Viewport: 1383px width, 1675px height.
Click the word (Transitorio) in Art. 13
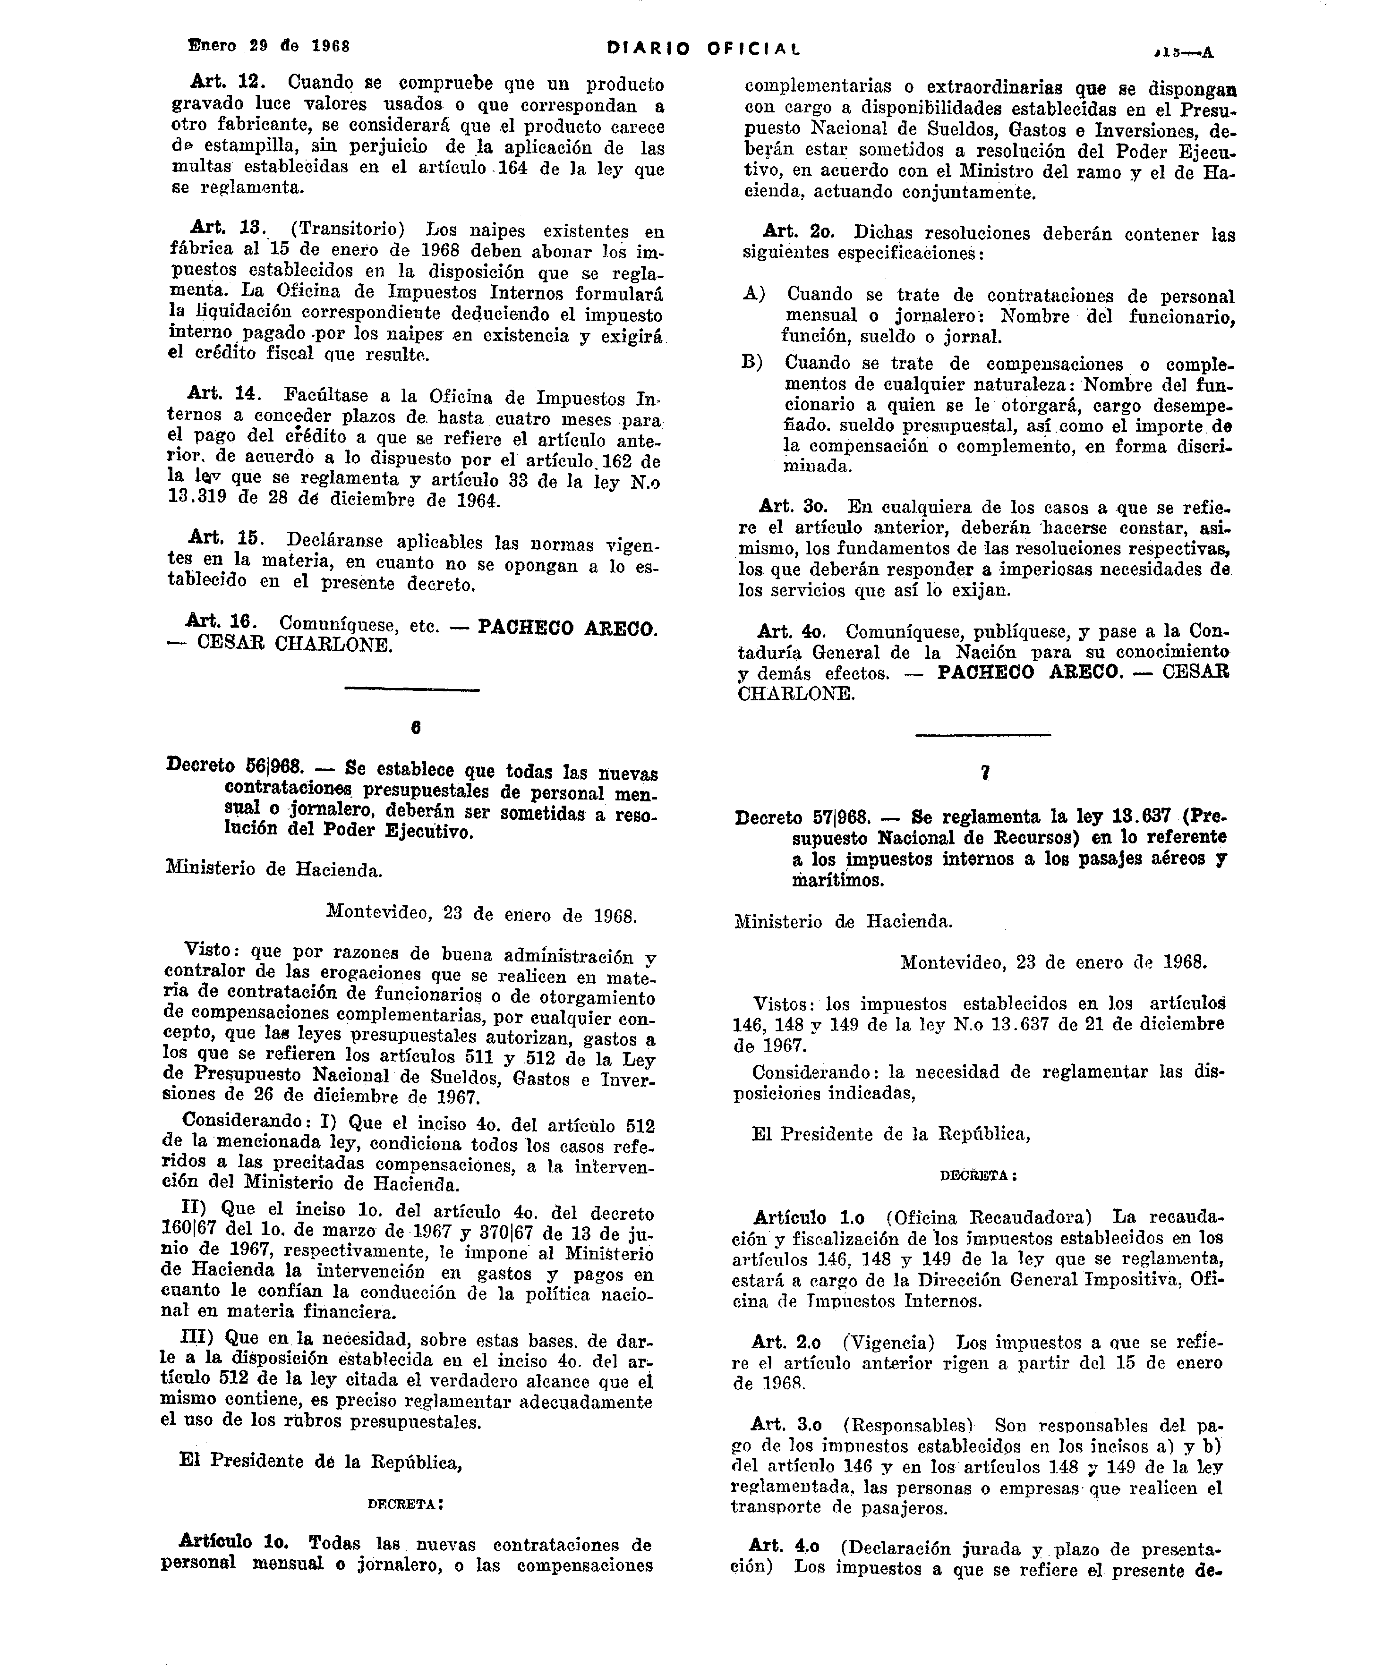click(x=347, y=230)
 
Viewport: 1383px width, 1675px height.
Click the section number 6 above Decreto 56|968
click(x=415, y=727)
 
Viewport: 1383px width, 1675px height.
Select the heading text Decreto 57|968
click(x=802, y=817)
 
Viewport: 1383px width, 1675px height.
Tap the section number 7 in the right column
click(x=985, y=772)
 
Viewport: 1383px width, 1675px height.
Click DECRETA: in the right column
click(x=978, y=1175)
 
